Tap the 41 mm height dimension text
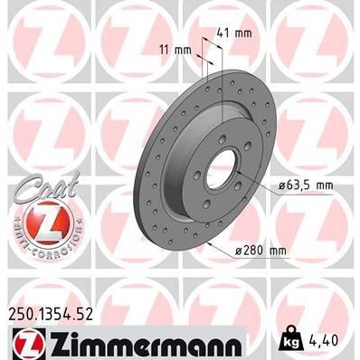pos(235,33)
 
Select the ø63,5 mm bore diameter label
pos(296,185)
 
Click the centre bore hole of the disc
pos(220,169)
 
